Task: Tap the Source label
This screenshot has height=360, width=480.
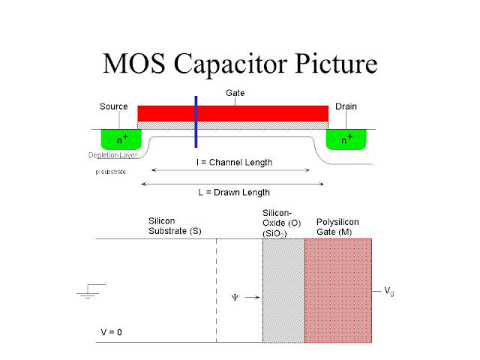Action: [x=113, y=107]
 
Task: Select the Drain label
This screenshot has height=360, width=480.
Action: [x=346, y=107]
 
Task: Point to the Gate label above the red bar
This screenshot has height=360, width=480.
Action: [x=236, y=94]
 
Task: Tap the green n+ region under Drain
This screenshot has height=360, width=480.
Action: [x=346, y=139]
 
